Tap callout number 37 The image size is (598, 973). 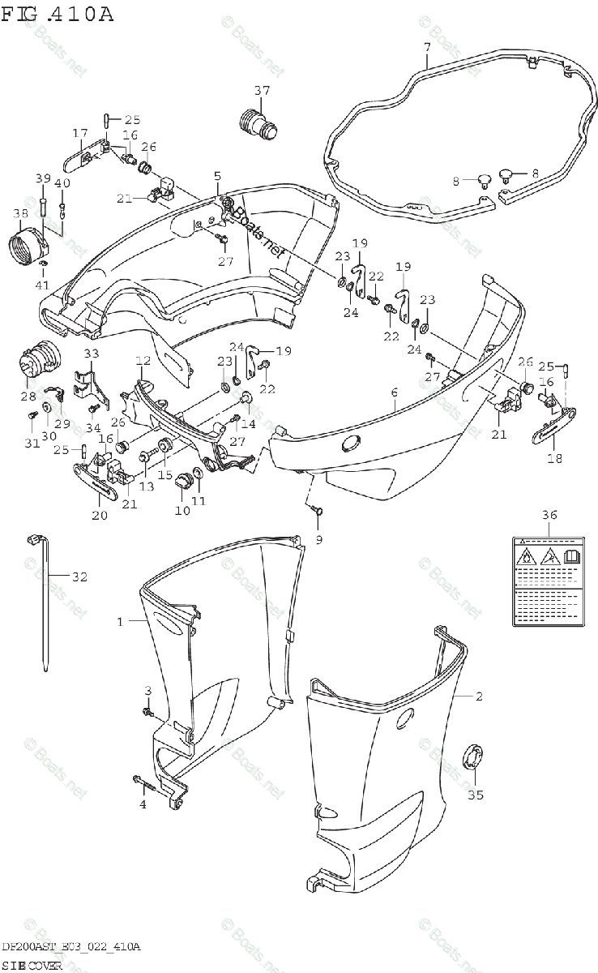(262, 90)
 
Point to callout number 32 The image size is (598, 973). (79, 577)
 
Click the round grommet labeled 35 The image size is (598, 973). (472, 757)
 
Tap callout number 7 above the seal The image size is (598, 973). (427, 47)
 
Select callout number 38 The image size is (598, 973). (21, 213)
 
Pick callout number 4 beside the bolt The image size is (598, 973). (143, 804)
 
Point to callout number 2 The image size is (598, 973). (479, 697)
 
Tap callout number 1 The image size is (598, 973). (120, 622)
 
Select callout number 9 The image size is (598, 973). (318, 539)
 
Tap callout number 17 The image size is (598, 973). (79, 133)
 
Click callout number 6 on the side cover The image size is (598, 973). (394, 393)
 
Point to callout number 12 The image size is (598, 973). (143, 361)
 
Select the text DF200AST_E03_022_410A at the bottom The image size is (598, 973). (71, 946)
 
